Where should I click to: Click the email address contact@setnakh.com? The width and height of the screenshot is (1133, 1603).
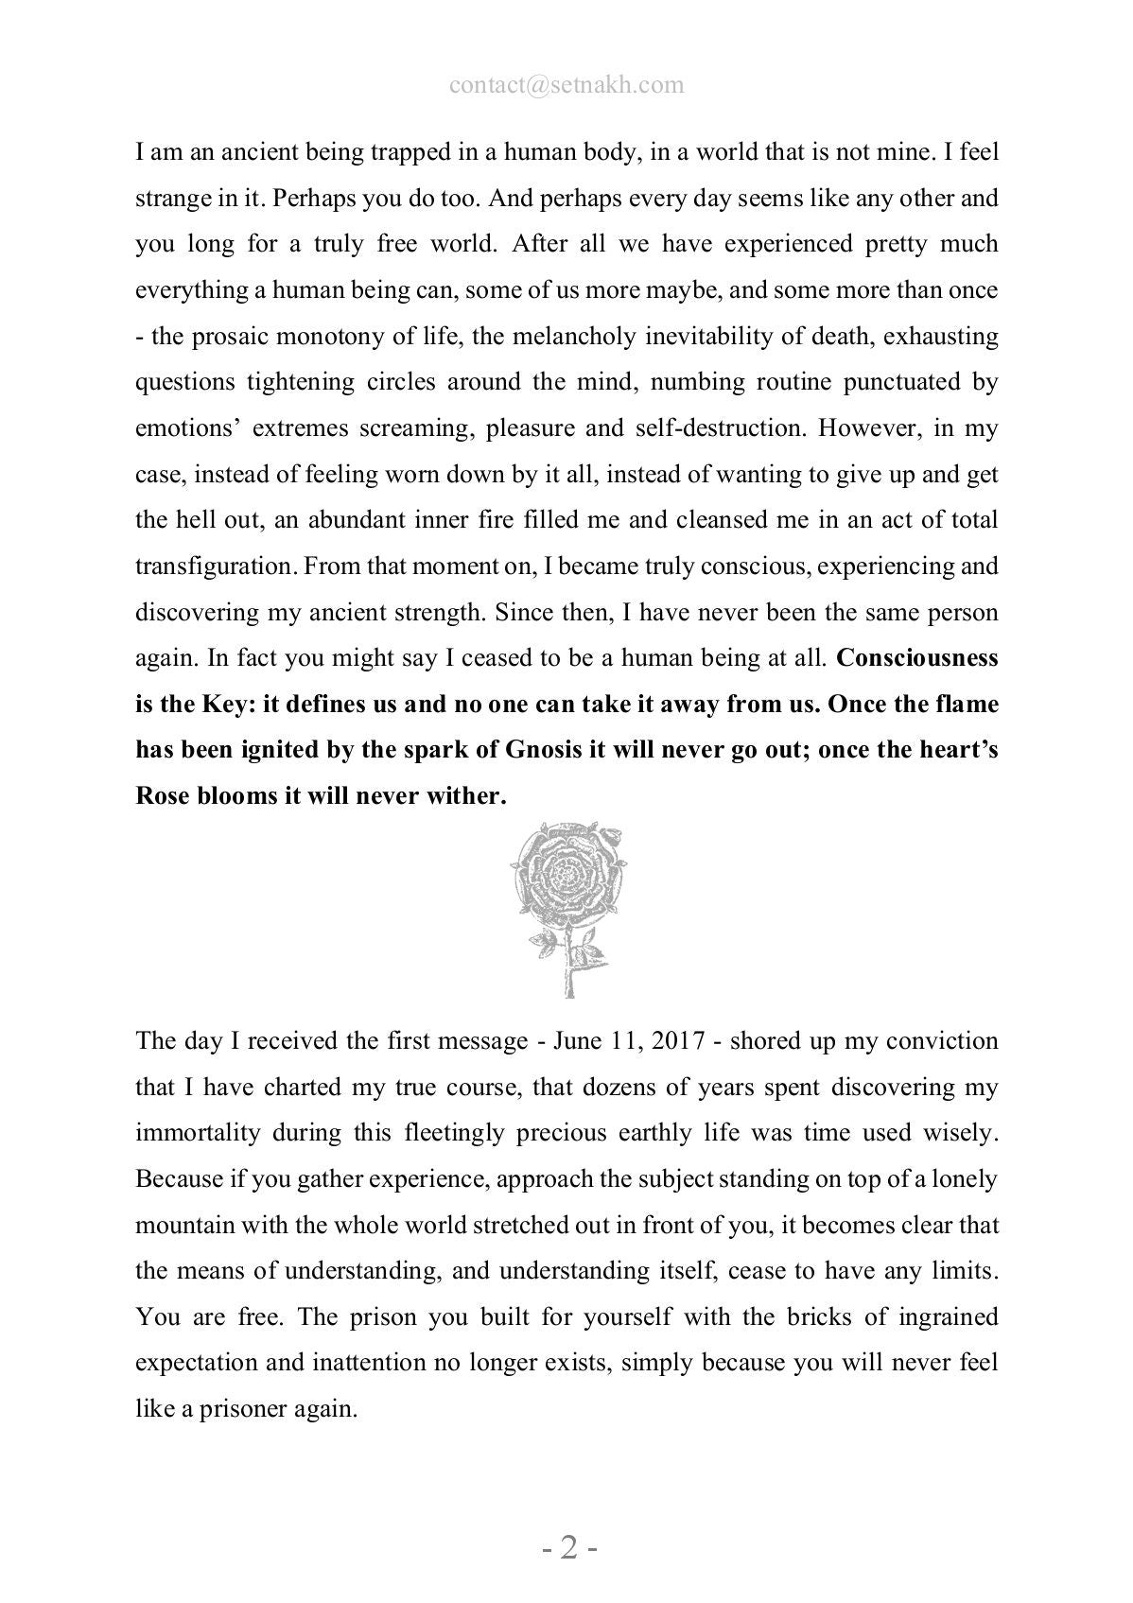(x=566, y=85)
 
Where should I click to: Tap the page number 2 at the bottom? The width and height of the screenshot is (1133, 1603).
(x=567, y=1549)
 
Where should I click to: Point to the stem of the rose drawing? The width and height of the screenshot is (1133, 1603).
(x=567, y=965)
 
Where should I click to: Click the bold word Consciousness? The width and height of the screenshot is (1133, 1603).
(x=917, y=657)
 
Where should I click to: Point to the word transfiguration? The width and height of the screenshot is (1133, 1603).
(x=214, y=566)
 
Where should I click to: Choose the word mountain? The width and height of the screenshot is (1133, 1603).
(x=183, y=1226)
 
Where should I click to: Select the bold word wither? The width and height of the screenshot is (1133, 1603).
(x=469, y=796)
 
